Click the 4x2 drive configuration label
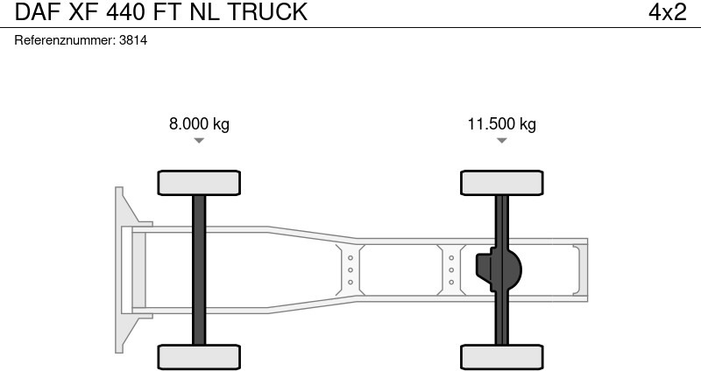pyautogui.click(x=667, y=12)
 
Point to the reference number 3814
pyautogui.click(x=133, y=40)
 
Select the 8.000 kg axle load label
pyautogui.click(x=199, y=123)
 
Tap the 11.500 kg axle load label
pyautogui.click(x=501, y=123)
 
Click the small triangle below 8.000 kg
pyautogui.click(x=199, y=140)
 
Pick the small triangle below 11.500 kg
pyautogui.click(x=501, y=140)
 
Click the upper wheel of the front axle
pyautogui.click(x=199, y=182)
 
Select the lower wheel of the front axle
pyautogui.click(x=199, y=356)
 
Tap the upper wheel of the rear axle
pyautogui.click(x=501, y=182)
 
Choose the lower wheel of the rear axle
pyautogui.click(x=501, y=356)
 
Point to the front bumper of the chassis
pyautogui.click(x=124, y=269)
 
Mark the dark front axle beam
pyautogui.click(x=199, y=269)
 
